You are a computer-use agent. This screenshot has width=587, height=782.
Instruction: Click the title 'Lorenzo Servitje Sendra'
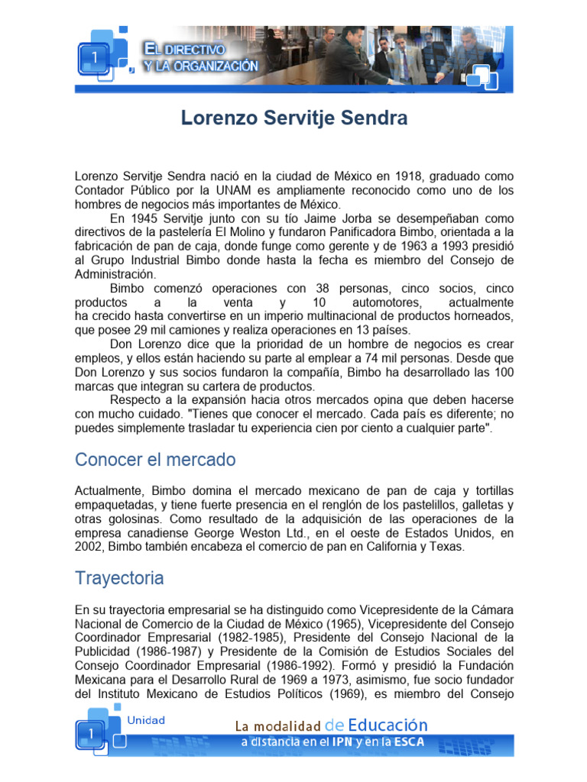[293, 118]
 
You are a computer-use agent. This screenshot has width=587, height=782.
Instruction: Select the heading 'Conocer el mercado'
[155, 460]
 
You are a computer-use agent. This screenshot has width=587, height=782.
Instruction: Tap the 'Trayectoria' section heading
[119, 578]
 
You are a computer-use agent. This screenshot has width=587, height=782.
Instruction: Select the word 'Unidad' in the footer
[145, 720]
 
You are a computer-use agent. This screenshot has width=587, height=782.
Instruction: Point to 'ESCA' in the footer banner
[407, 742]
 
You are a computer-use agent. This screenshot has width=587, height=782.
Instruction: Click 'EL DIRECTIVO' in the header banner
[184, 50]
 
